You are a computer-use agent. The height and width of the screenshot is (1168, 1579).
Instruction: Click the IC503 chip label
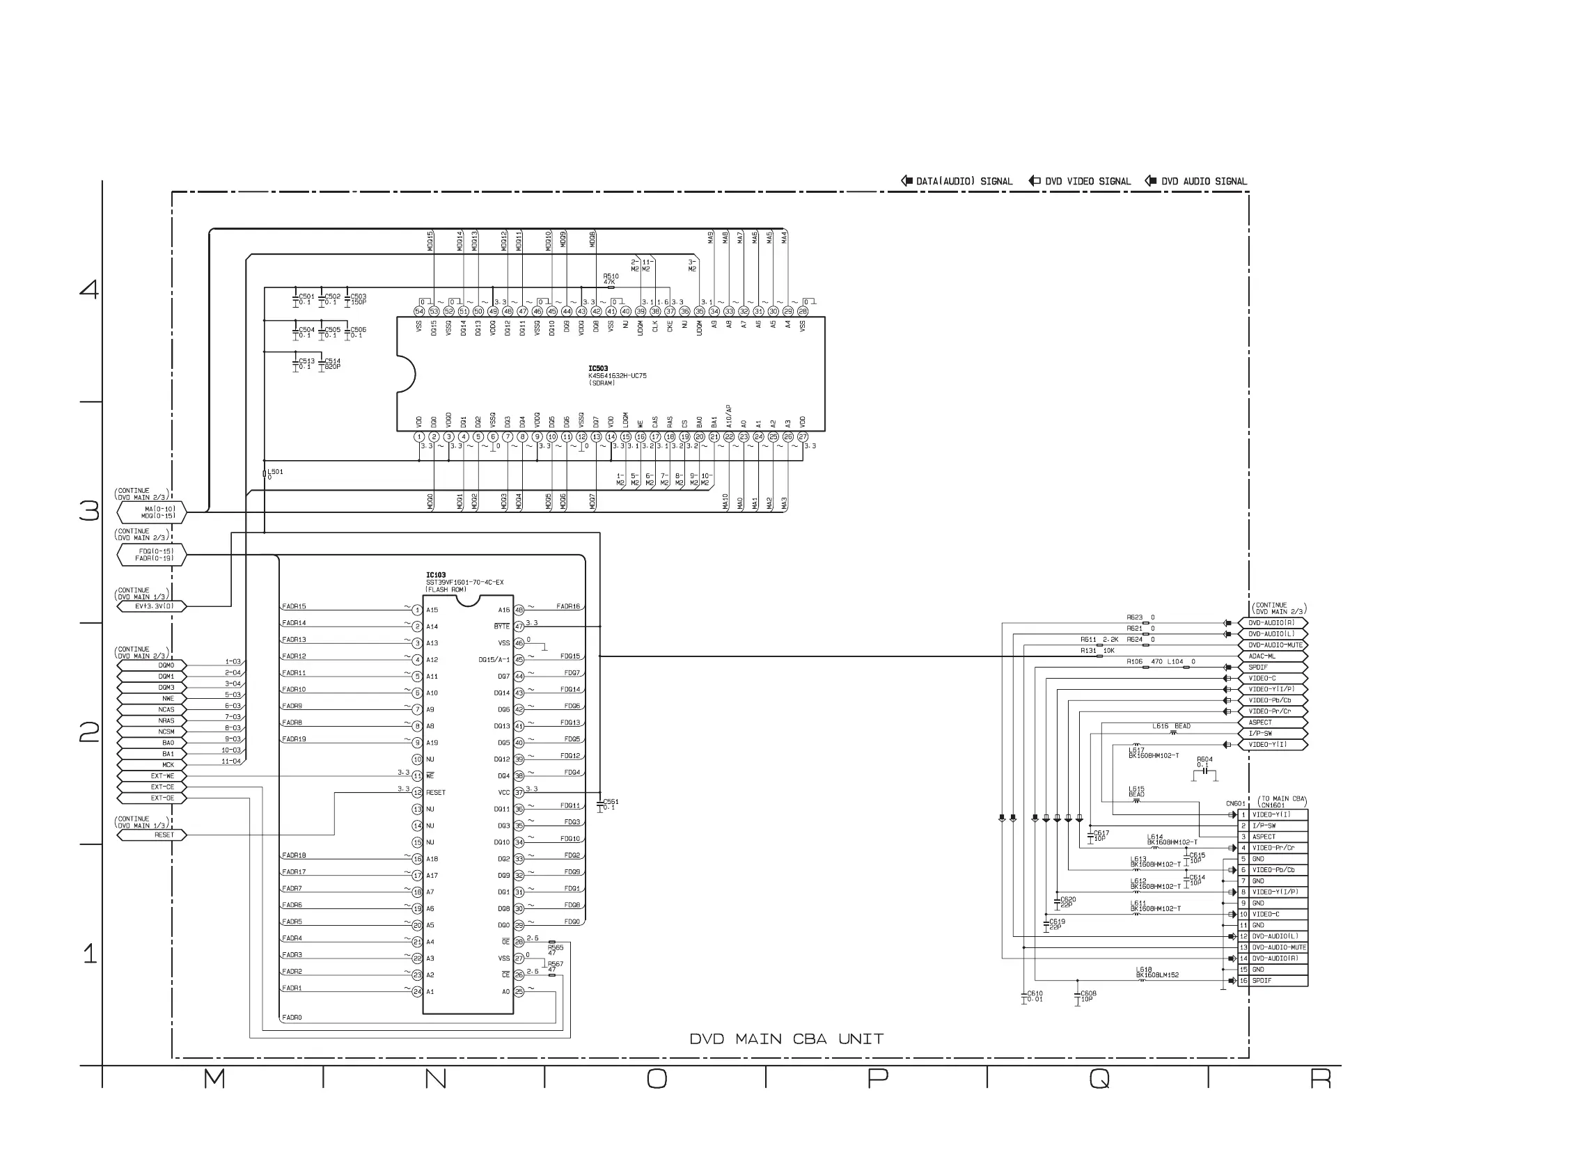tap(598, 368)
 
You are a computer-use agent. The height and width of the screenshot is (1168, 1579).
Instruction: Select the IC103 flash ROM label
tap(436, 576)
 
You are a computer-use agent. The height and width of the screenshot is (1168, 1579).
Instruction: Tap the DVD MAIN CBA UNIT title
tap(786, 1039)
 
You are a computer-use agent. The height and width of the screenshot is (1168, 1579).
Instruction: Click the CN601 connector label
tap(1235, 804)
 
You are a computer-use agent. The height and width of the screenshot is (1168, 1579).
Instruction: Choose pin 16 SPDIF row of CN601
tap(1273, 981)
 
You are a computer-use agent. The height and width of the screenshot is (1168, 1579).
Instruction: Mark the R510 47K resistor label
tap(611, 279)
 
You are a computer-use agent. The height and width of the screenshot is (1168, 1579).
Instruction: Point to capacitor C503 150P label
tap(359, 299)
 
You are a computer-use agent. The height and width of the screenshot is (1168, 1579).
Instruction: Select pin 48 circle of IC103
tap(519, 610)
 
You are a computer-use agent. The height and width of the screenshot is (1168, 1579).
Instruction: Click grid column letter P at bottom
tap(877, 1079)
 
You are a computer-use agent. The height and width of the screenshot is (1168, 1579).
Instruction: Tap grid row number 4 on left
tap(89, 288)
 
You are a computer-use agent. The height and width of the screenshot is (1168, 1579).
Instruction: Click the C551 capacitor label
tap(611, 804)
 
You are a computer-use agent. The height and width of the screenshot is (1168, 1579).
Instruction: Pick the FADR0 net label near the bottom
tap(292, 1018)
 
